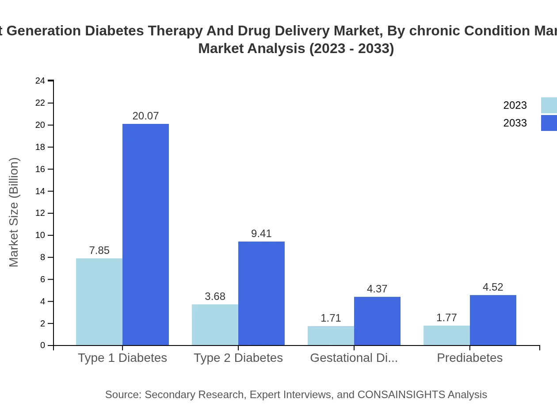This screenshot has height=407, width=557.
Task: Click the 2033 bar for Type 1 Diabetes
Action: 145,234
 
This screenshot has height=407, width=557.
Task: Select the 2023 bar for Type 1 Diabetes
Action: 99,302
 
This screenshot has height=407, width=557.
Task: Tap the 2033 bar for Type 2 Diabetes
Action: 261,293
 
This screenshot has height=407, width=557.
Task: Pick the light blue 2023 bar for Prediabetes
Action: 446,335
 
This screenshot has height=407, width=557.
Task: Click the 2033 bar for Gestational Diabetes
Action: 377,321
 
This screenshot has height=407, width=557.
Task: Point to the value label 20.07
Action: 145,116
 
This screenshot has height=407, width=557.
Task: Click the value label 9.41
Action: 261,234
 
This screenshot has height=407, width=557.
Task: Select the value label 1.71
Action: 331,318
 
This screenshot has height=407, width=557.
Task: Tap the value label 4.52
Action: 493,287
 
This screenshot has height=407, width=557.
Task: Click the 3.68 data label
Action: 215,296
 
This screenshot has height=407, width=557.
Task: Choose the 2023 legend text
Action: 515,105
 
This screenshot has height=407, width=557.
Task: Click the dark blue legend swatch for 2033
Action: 549,123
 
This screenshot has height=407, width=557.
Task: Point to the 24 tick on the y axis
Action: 40,81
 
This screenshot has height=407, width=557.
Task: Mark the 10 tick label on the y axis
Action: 40,235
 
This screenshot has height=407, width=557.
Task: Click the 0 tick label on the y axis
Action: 43,345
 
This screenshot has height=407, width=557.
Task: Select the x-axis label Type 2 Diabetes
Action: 238,358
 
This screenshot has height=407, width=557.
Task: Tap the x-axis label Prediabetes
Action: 469,358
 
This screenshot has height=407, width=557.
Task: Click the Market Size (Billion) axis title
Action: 14,212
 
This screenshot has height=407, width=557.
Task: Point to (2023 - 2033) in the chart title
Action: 351,48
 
